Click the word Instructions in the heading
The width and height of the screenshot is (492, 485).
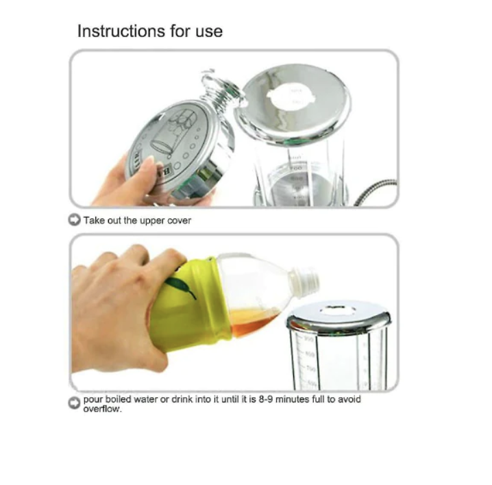click(x=121, y=31)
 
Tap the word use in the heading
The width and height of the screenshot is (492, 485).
click(x=209, y=33)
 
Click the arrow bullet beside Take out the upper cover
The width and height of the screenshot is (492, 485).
click(x=75, y=220)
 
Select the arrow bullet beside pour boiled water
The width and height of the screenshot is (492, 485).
click(x=75, y=403)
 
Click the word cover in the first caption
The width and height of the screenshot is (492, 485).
click(x=179, y=221)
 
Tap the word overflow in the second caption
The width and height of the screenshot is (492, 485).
click(x=101, y=409)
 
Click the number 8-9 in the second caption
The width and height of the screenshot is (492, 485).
click(x=266, y=399)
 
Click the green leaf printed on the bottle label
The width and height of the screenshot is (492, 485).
click(x=181, y=286)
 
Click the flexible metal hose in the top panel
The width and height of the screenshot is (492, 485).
click(x=376, y=192)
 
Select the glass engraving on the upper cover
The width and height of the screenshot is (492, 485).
click(x=173, y=131)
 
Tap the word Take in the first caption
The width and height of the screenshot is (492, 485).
click(x=94, y=221)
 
